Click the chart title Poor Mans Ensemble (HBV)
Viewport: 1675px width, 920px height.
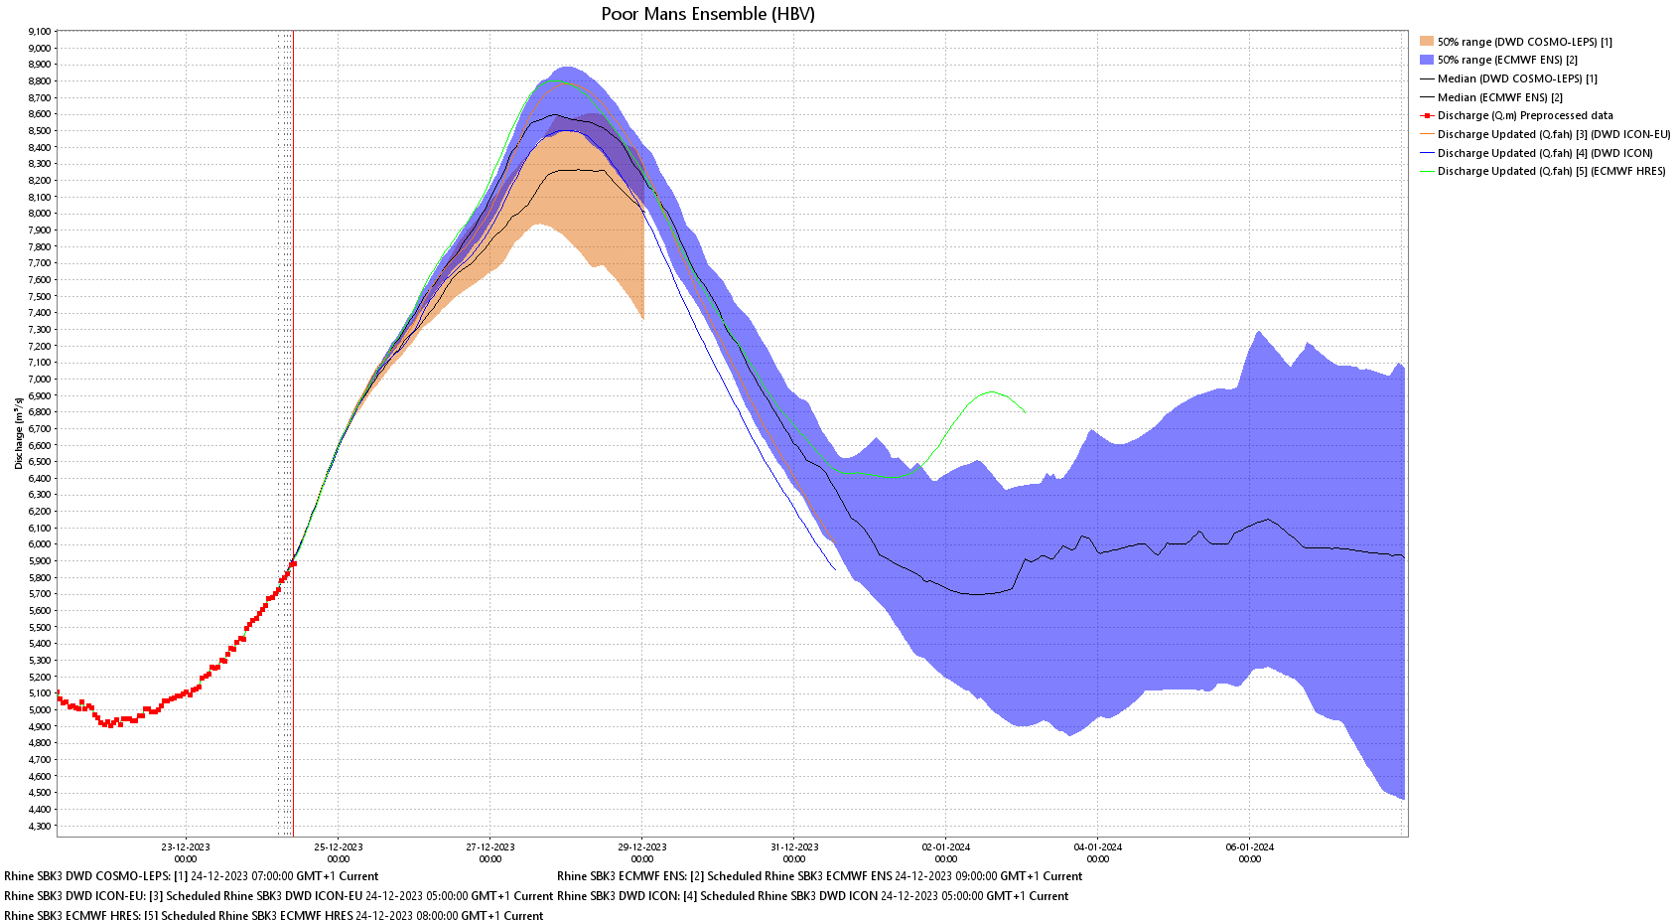(x=708, y=14)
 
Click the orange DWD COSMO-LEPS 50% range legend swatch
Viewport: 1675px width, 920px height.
(x=1427, y=42)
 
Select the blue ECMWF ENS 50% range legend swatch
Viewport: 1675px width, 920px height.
(x=1427, y=60)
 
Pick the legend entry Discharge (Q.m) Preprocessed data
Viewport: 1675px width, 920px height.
(x=1525, y=115)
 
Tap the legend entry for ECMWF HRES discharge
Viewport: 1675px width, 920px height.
(x=1551, y=171)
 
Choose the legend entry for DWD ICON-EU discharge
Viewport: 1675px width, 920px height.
(x=1553, y=134)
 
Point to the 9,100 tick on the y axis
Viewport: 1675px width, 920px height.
(x=40, y=32)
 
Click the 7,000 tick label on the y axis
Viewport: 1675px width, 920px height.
(x=40, y=379)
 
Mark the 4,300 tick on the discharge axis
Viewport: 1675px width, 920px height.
(x=40, y=826)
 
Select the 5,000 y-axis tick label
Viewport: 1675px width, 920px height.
(x=40, y=709)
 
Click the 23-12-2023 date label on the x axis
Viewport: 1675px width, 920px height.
(x=186, y=847)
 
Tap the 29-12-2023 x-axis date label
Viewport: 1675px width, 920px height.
(x=642, y=847)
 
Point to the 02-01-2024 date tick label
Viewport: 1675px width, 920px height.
(x=946, y=847)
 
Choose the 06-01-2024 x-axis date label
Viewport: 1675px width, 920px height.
(x=1250, y=847)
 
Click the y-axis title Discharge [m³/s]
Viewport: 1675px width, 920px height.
(x=19, y=433)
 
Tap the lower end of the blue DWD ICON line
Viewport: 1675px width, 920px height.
(x=834, y=568)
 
